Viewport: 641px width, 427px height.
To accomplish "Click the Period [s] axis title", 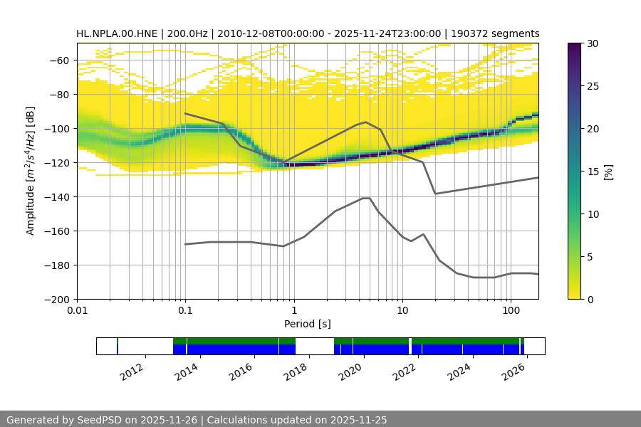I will tap(307, 324).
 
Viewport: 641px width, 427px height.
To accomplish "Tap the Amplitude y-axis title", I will tap(31, 172).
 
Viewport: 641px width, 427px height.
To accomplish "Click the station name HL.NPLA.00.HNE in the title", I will tap(118, 33).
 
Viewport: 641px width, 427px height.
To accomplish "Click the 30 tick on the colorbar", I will tap(593, 43).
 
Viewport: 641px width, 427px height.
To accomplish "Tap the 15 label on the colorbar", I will tap(593, 172).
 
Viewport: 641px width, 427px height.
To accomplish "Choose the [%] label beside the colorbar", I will tap(608, 172).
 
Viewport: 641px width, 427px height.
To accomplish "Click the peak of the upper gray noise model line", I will tap(366, 122).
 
